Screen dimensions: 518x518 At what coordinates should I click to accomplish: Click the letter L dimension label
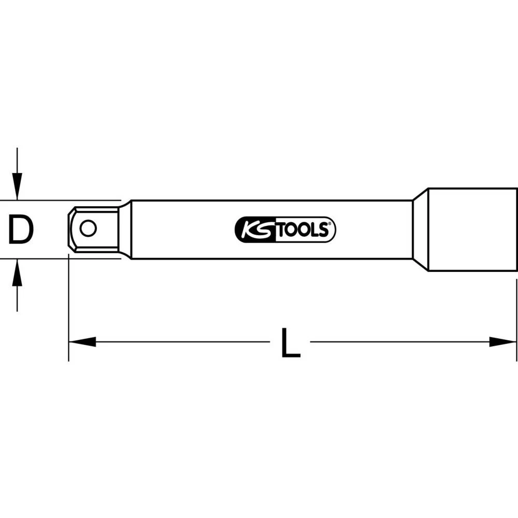[291, 342]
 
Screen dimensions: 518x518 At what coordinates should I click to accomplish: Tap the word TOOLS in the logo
[303, 229]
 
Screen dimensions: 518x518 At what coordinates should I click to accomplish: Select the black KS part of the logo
[254, 229]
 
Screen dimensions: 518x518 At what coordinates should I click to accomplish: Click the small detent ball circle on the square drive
[88, 228]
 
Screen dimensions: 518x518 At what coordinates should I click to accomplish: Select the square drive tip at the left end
[93, 229]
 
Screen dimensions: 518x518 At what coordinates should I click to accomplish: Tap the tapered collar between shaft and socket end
[420, 229]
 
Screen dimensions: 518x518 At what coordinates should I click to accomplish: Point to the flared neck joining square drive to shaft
[124, 229]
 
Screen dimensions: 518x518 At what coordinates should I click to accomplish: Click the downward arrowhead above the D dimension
[17, 189]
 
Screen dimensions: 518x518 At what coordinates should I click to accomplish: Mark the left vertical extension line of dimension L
[68, 311]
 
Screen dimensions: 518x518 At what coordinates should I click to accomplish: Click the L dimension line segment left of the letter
[181, 342]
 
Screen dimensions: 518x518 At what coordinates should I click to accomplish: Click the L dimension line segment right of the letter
[399, 342]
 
